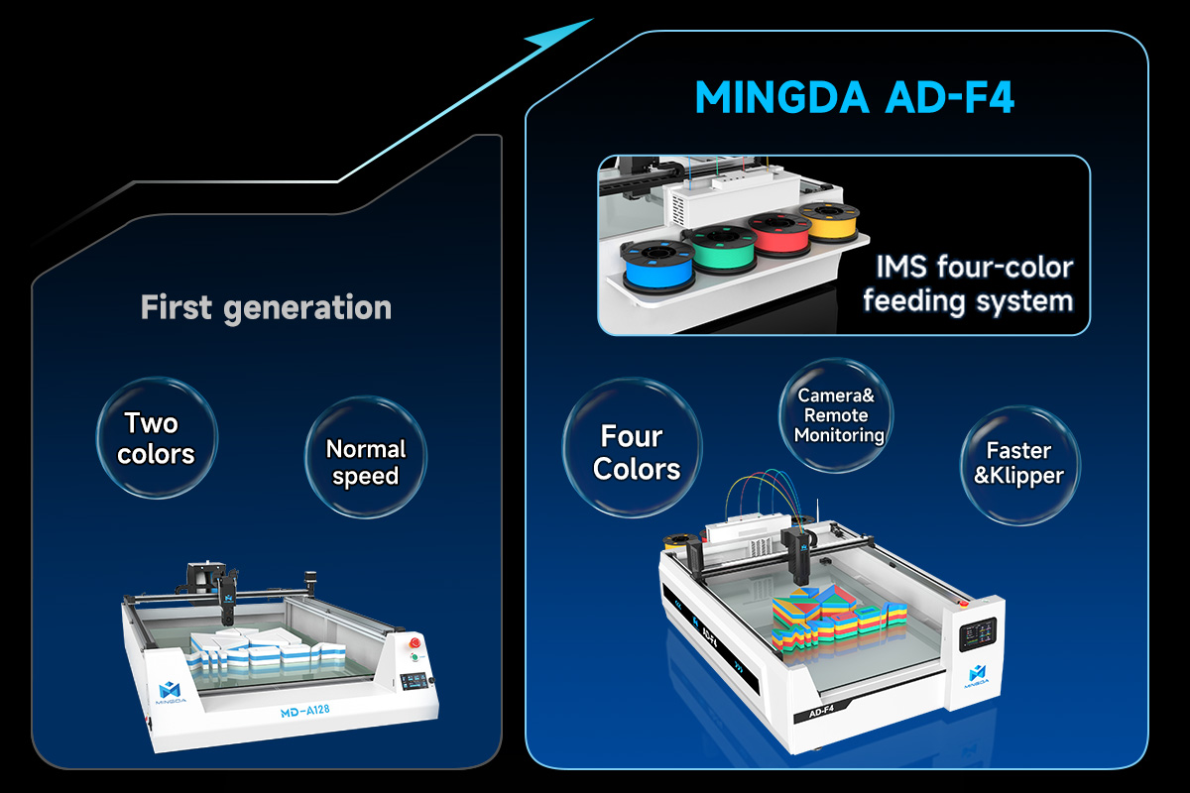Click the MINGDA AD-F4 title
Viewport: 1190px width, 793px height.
point(855,97)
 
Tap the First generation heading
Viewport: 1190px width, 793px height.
point(266,307)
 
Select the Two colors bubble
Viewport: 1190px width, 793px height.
point(157,438)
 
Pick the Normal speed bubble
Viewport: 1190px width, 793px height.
point(366,457)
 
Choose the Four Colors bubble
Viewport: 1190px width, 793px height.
point(633,448)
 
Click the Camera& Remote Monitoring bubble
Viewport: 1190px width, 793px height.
point(836,415)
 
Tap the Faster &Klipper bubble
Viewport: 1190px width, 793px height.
point(1020,466)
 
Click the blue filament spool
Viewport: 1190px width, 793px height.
point(658,266)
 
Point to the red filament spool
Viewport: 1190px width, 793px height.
point(779,234)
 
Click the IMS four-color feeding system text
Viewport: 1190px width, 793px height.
point(968,283)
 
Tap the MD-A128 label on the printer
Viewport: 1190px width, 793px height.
point(305,711)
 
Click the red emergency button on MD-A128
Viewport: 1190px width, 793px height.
point(415,643)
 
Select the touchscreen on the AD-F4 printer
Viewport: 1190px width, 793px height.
point(978,633)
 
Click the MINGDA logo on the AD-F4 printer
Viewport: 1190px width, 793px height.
point(977,676)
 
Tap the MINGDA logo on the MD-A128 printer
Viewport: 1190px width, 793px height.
point(171,693)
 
